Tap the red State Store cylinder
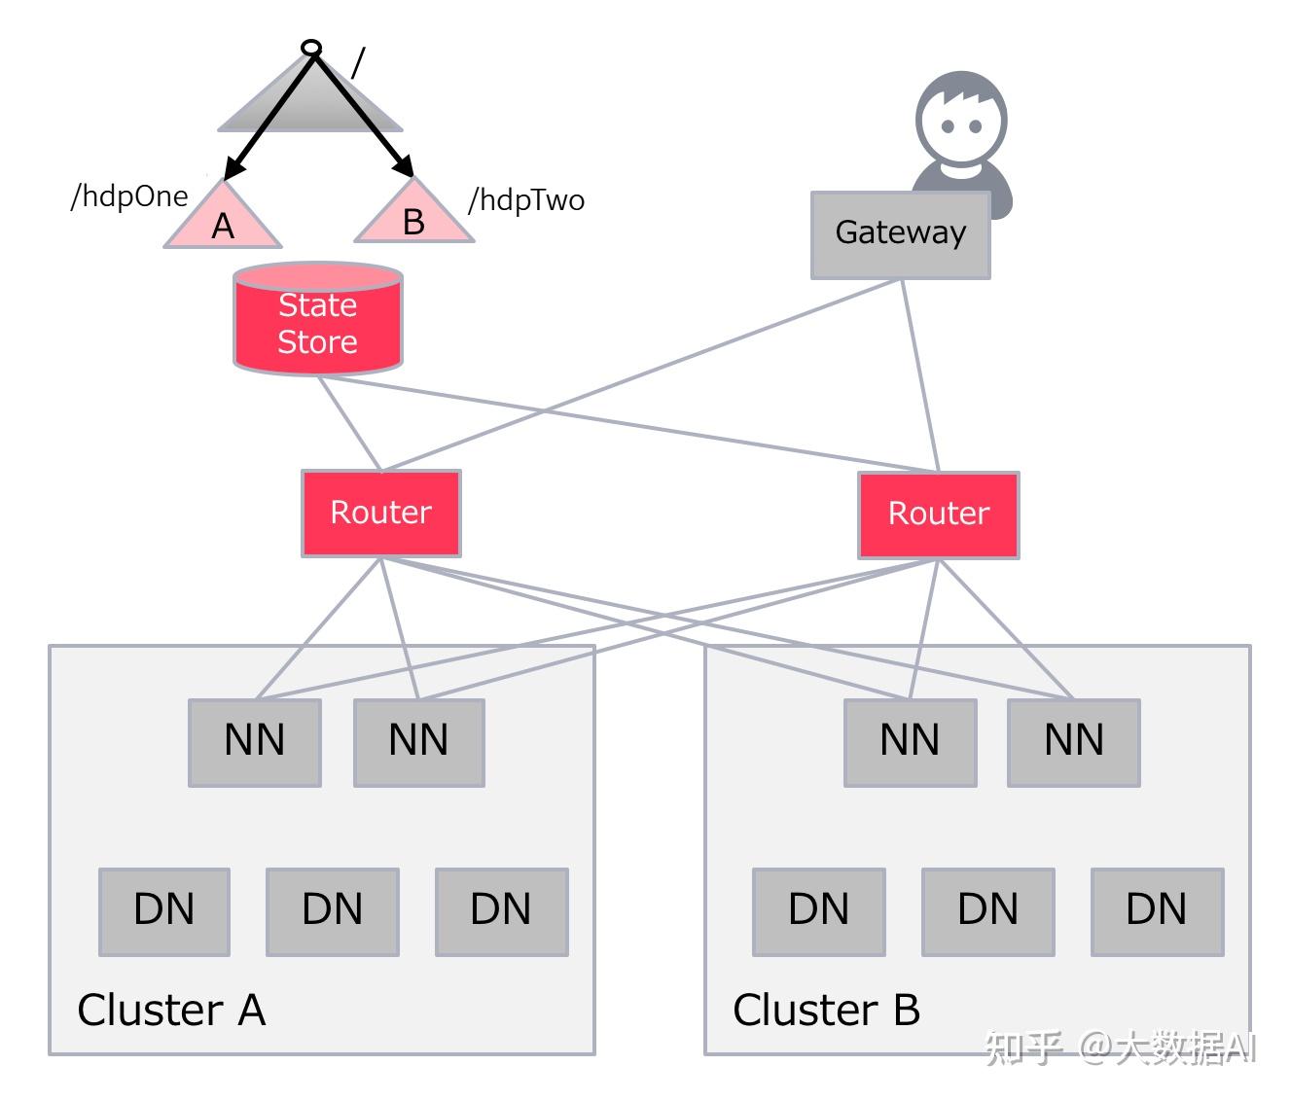tap(318, 318)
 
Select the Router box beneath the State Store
tap(380, 513)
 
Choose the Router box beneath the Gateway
tap(938, 515)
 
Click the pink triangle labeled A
tap(223, 215)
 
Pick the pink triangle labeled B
tap(413, 211)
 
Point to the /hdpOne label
tap(129, 197)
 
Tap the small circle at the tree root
tap(310, 48)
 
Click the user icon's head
tap(960, 119)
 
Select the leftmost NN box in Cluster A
tap(255, 742)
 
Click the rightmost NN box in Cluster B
tap(1073, 742)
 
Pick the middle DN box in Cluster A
tap(333, 911)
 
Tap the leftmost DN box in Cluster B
tap(819, 911)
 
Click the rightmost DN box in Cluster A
tap(502, 911)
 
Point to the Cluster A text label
tap(171, 1010)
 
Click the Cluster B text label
tap(826, 1010)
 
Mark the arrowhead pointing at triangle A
tap(233, 168)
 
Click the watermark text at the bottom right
tap(1121, 1048)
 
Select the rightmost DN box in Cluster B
tap(1157, 911)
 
